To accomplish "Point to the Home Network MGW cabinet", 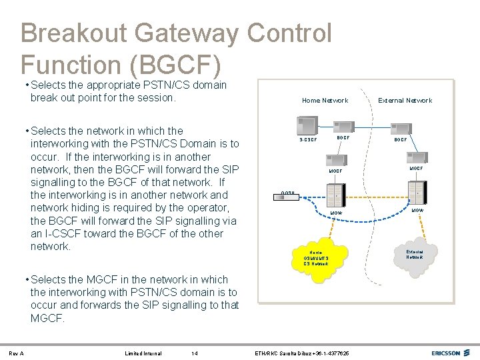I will click(x=335, y=195).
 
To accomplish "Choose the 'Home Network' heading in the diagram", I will click(x=325, y=101).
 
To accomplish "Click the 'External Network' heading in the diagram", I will click(x=405, y=101).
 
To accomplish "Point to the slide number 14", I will click(x=194, y=353).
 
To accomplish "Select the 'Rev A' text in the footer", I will click(x=17, y=353).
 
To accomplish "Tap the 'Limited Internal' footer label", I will click(x=143, y=353).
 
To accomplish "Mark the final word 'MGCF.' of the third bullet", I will click(x=48, y=319).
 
